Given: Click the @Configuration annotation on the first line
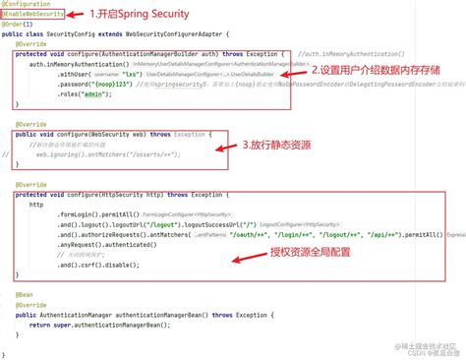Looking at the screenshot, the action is pos(27,5).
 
